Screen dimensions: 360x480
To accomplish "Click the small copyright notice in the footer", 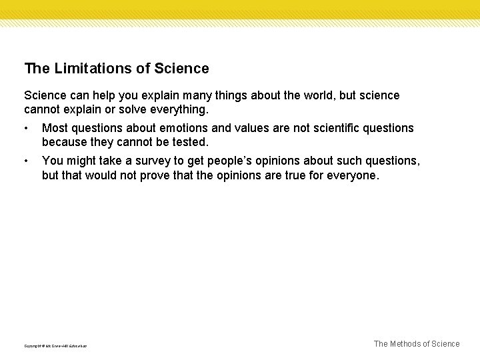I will [x=55, y=345].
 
